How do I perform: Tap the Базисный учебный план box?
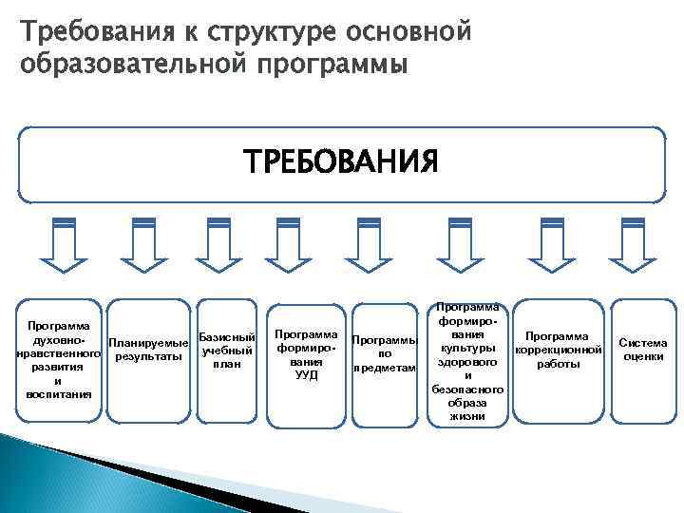[x=225, y=351]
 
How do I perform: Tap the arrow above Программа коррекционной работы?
[x=551, y=243]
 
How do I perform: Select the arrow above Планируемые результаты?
[x=143, y=243]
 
